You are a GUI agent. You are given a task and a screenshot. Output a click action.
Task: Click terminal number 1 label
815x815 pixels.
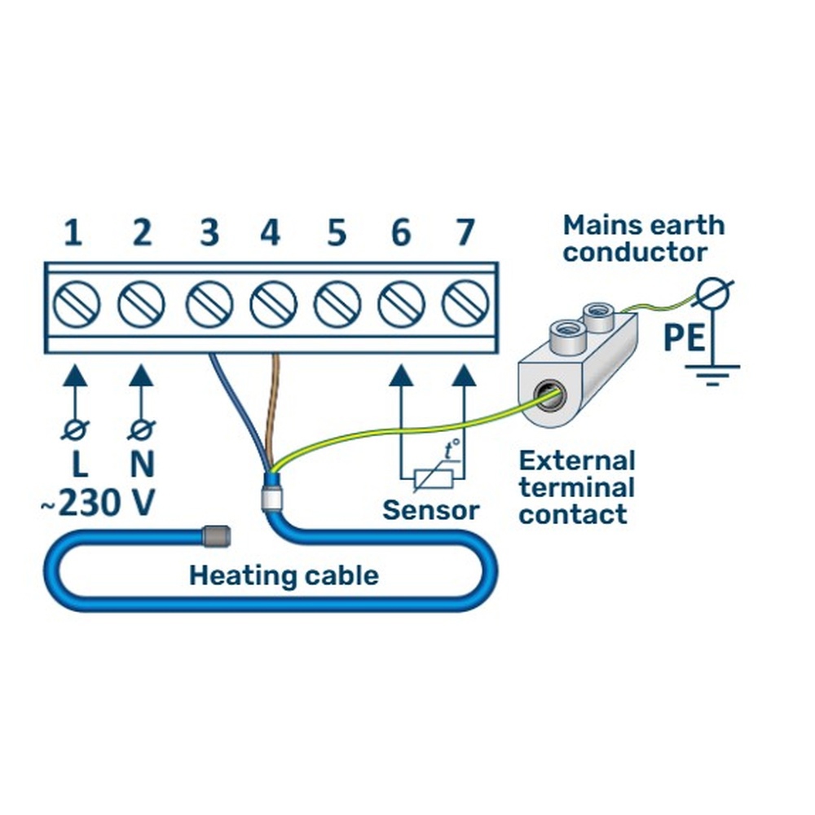pyautogui.click(x=73, y=234)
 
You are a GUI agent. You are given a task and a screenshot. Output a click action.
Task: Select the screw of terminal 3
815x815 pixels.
pyautogui.click(x=209, y=305)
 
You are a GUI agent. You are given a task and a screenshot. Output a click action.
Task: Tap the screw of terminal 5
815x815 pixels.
pyautogui.click(x=337, y=305)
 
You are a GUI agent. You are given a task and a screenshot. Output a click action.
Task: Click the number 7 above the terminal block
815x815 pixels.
pyautogui.click(x=465, y=234)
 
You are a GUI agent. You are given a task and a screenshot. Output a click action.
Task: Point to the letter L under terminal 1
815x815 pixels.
pyautogui.click(x=78, y=465)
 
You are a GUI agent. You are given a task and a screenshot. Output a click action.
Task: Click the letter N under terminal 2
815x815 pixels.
pyautogui.click(x=142, y=465)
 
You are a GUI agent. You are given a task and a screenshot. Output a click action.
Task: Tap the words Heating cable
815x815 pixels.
pyautogui.click(x=284, y=576)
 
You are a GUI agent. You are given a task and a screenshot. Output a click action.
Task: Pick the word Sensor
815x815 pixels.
pyautogui.click(x=431, y=511)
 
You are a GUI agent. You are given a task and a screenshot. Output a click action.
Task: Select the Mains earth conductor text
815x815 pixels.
pyautogui.click(x=644, y=238)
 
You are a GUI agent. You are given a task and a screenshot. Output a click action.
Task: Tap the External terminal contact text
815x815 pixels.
pyautogui.click(x=576, y=487)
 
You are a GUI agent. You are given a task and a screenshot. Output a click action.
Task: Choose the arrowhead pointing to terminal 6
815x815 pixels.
pyautogui.click(x=400, y=377)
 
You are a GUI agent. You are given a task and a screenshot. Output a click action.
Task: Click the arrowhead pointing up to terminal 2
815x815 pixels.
pyautogui.click(x=141, y=377)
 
